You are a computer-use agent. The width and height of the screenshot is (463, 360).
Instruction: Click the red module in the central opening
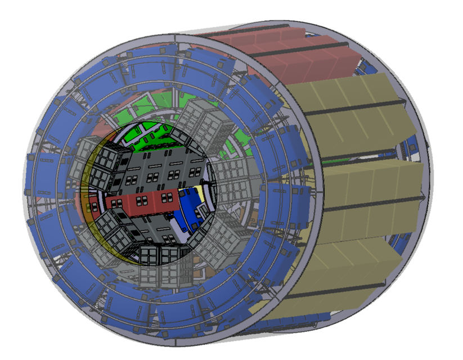pos(141,200)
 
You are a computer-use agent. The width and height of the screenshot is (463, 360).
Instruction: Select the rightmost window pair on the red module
pos(167,196)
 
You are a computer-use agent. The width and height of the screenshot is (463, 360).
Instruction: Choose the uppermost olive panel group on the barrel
pos(349,107)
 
